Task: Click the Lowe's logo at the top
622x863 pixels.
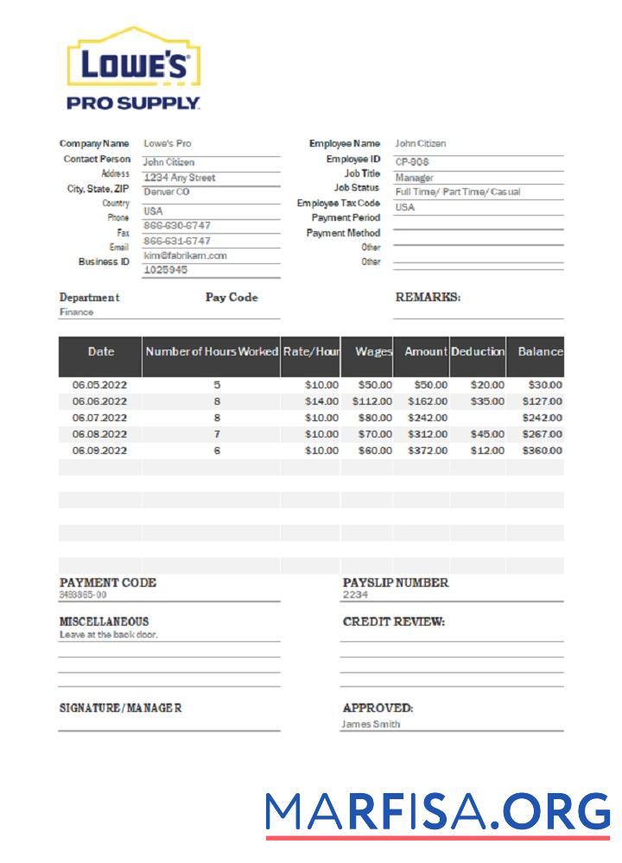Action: [134, 69]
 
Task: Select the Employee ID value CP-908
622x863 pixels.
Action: [412, 161]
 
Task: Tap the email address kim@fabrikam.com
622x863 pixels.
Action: [185, 255]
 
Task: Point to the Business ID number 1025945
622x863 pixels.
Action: [166, 270]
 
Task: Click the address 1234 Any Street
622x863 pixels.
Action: [179, 178]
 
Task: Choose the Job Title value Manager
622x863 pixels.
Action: [414, 177]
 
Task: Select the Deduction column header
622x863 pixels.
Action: [478, 352]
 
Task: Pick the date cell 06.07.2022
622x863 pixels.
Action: [99, 418]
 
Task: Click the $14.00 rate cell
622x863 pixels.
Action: [321, 401]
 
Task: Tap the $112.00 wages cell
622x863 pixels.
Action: [372, 401]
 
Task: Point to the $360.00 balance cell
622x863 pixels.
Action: [542, 450]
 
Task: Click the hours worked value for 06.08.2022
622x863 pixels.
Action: [217, 434]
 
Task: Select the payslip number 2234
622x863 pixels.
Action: [355, 595]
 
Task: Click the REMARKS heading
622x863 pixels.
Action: [428, 297]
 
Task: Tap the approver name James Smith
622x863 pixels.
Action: [371, 724]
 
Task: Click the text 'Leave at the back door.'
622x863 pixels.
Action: [109, 634]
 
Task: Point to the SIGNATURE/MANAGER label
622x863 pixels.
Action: [120, 708]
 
